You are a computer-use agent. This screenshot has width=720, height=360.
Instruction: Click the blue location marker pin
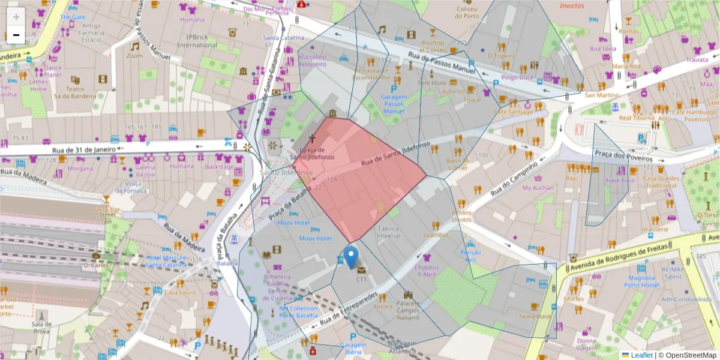[x=352, y=256]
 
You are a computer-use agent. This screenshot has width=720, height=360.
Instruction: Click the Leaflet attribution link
[x=641, y=355]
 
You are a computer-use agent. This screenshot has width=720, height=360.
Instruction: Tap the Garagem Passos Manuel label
[x=394, y=104]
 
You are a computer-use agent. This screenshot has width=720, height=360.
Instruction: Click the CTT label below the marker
[x=361, y=279]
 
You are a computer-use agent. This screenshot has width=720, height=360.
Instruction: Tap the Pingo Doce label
[x=517, y=77]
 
